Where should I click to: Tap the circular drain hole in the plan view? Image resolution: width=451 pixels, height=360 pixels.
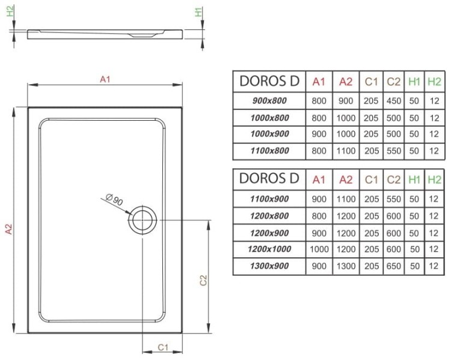pyautogui.click(x=143, y=220)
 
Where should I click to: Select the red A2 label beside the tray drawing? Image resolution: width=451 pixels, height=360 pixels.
pyautogui.click(x=10, y=228)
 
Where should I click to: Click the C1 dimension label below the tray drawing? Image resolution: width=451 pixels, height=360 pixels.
pyautogui.click(x=162, y=347)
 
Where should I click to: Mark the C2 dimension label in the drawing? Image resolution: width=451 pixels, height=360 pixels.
pyautogui.click(x=204, y=279)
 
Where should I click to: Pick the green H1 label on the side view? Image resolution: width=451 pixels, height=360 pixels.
pyautogui.click(x=198, y=11)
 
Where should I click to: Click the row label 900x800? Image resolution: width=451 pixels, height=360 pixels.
pyautogui.click(x=269, y=100)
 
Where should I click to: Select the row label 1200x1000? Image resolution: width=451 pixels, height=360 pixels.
pyautogui.click(x=269, y=249)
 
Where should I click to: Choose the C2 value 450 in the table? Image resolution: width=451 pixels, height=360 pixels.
pyautogui.click(x=394, y=100)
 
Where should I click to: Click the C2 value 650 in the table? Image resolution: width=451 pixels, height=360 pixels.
pyautogui.click(x=394, y=266)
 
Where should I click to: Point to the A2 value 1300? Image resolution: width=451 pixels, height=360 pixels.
pyautogui.click(x=346, y=266)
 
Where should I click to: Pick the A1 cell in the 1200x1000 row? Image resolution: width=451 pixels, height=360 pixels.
pyautogui.click(x=319, y=249)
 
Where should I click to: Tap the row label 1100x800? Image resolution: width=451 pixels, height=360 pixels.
pyautogui.click(x=269, y=151)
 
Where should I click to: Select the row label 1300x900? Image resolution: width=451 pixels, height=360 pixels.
pyautogui.click(x=269, y=266)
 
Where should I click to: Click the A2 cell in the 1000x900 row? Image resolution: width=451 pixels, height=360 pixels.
pyautogui.click(x=346, y=134)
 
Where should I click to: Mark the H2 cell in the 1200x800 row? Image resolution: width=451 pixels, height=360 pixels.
pyautogui.click(x=434, y=215)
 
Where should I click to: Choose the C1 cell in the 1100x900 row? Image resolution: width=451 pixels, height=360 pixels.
pyautogui.click(x=371, y=198)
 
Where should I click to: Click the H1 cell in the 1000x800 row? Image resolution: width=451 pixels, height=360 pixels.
pyautogui.click(x=414, y=118)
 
